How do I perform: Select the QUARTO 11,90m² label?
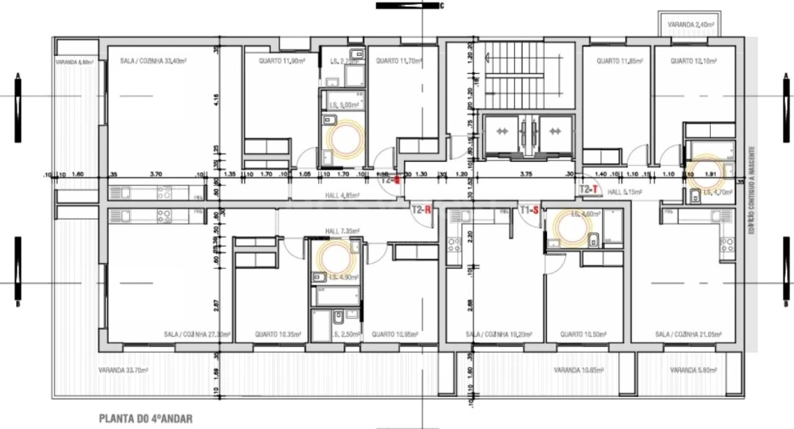pos(281,61)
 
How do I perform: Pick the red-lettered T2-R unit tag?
pos(422,208)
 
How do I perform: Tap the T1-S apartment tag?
pos(529,208)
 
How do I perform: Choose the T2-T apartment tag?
pos(590,189)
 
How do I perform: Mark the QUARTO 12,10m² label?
pos(693,61)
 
